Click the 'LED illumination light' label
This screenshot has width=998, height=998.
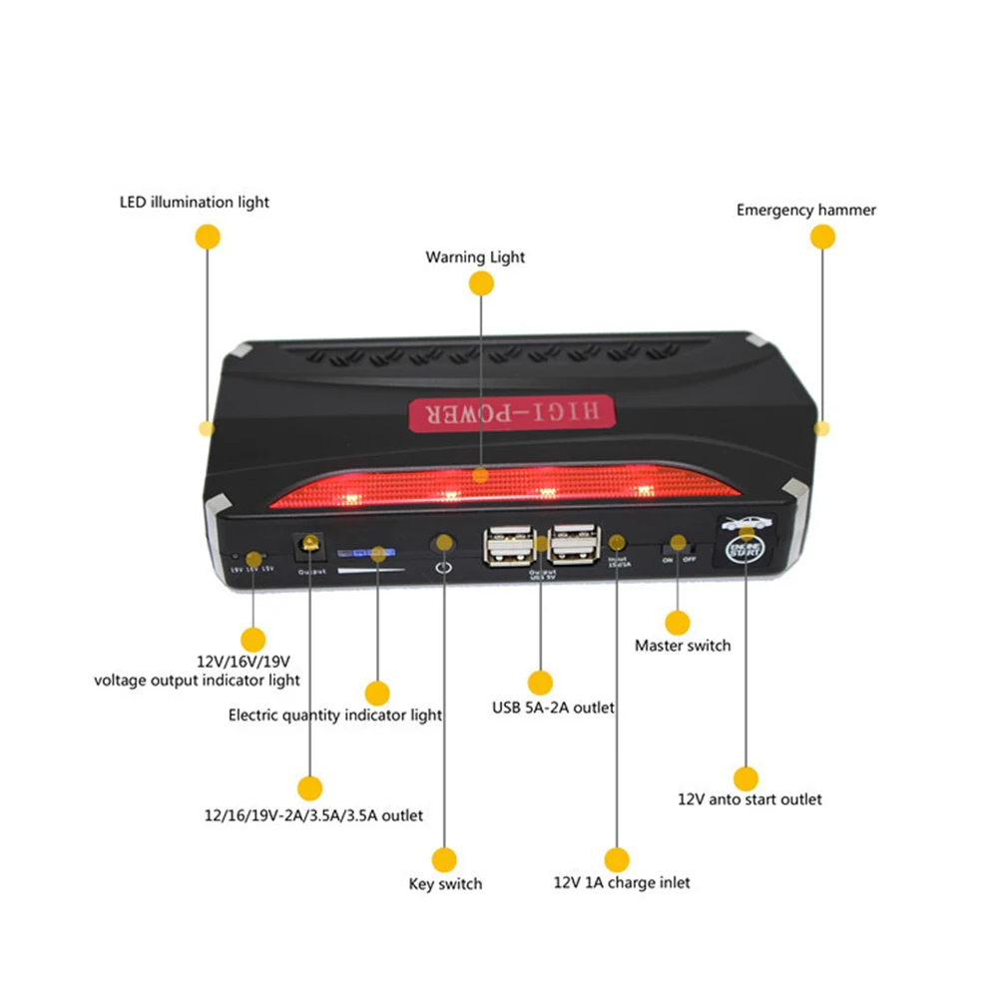[x=194, y=203]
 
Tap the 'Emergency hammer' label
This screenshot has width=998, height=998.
[x=805, y=211]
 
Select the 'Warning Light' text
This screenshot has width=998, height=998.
[x=475, y=257]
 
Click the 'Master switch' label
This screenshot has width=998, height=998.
[x=683, y=646]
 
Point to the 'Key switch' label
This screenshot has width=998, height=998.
[x=445, y=883]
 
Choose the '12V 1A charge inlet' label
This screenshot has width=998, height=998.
[x=621, y=882]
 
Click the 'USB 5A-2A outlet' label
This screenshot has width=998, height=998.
[x=553, y=708]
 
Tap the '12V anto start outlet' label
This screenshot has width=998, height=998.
[x=749, y=799]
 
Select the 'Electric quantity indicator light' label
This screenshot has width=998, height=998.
[x=335, y=715]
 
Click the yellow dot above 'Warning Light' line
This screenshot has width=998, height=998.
[x=482, y=283]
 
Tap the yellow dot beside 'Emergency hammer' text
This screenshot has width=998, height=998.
[x=822, y=237]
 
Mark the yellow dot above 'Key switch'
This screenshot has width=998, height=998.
[x=444, y=858]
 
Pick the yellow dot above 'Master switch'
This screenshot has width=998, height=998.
[x=679, y=623]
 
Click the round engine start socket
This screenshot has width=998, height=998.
[x=745, y=550]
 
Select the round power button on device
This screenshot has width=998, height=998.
[x=443, y=543]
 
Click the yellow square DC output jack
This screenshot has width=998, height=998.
[x=308, y=545]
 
